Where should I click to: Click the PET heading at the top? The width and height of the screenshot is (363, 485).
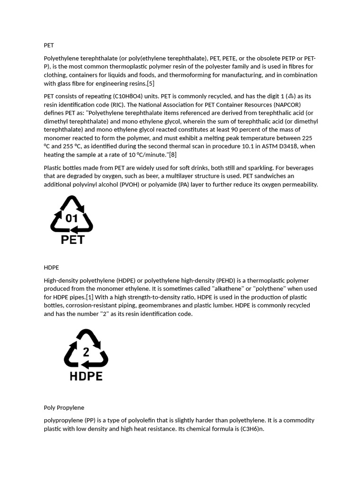pyautogui.click(x=49, y=45)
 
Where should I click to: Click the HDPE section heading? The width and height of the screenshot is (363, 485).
pyautogui.click(x=51, y=268)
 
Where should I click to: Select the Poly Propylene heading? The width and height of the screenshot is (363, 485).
pyautogui.click(x=64, y=408)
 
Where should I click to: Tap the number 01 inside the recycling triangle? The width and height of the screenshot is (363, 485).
pyautogui.click(x=71, y=218)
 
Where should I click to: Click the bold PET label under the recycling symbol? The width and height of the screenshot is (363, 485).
pyautogui.click(x=73, y=240)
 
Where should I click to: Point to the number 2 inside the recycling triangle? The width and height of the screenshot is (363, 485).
pyautogui.click(x=86, y=352)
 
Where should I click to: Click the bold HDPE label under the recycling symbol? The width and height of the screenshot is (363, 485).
pyautogui.click(x=86, y=376)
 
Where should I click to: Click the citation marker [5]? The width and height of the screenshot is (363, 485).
pyautogui.click(x=150, y=84)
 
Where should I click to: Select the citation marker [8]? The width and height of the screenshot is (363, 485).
pyautogui.click(x=173, y=155)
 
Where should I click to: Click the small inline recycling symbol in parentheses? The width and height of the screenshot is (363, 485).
pyautogui.click(x=291, y=96)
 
